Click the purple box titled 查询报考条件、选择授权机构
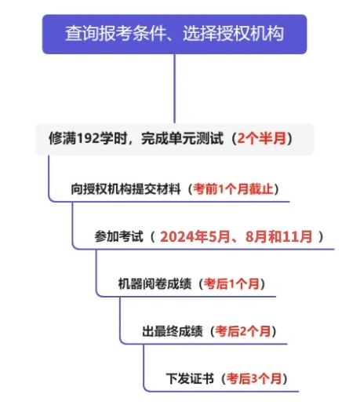(x=174, y=35)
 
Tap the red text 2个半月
(x=262, y=138)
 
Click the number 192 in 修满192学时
(x=89, y=138)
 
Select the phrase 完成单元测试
(x=182, y=138)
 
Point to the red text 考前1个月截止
(x=233, y=189)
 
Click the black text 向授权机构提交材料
(x=125, y=189)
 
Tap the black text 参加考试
(x=118, y=236)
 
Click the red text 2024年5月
(x=195, y=236)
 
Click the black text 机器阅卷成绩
(x=155, y=284)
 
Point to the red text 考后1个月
(x=231, y=284)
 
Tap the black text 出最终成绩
(x=173, y=331)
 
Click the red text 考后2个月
(x=243, y=331)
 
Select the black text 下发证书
(x=190, y=378)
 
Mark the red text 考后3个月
(x=254, y=378)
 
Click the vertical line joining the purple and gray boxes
(x=174, y=89)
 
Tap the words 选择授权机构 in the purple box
(x=233, y=34)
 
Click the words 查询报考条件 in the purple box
(x=115, y=34)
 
